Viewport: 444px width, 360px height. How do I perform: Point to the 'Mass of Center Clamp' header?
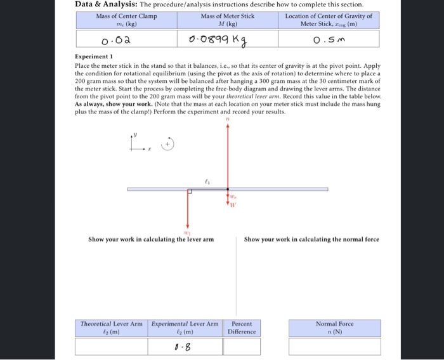126,20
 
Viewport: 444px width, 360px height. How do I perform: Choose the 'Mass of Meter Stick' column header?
227,20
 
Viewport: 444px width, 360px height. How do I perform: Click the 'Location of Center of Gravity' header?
328,20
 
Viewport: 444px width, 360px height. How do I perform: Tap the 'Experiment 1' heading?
94,57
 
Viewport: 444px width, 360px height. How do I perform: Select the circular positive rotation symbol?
169,145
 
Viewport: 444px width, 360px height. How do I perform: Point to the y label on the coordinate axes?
134,135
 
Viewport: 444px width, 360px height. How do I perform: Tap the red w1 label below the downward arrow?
187,233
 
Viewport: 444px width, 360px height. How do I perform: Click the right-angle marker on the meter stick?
190,191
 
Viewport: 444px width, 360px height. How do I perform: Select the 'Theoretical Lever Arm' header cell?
111,327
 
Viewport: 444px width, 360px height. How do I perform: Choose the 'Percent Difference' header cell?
242,327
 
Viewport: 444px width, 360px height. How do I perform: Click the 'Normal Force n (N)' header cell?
335,327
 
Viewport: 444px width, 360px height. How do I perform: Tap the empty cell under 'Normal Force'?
335,347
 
